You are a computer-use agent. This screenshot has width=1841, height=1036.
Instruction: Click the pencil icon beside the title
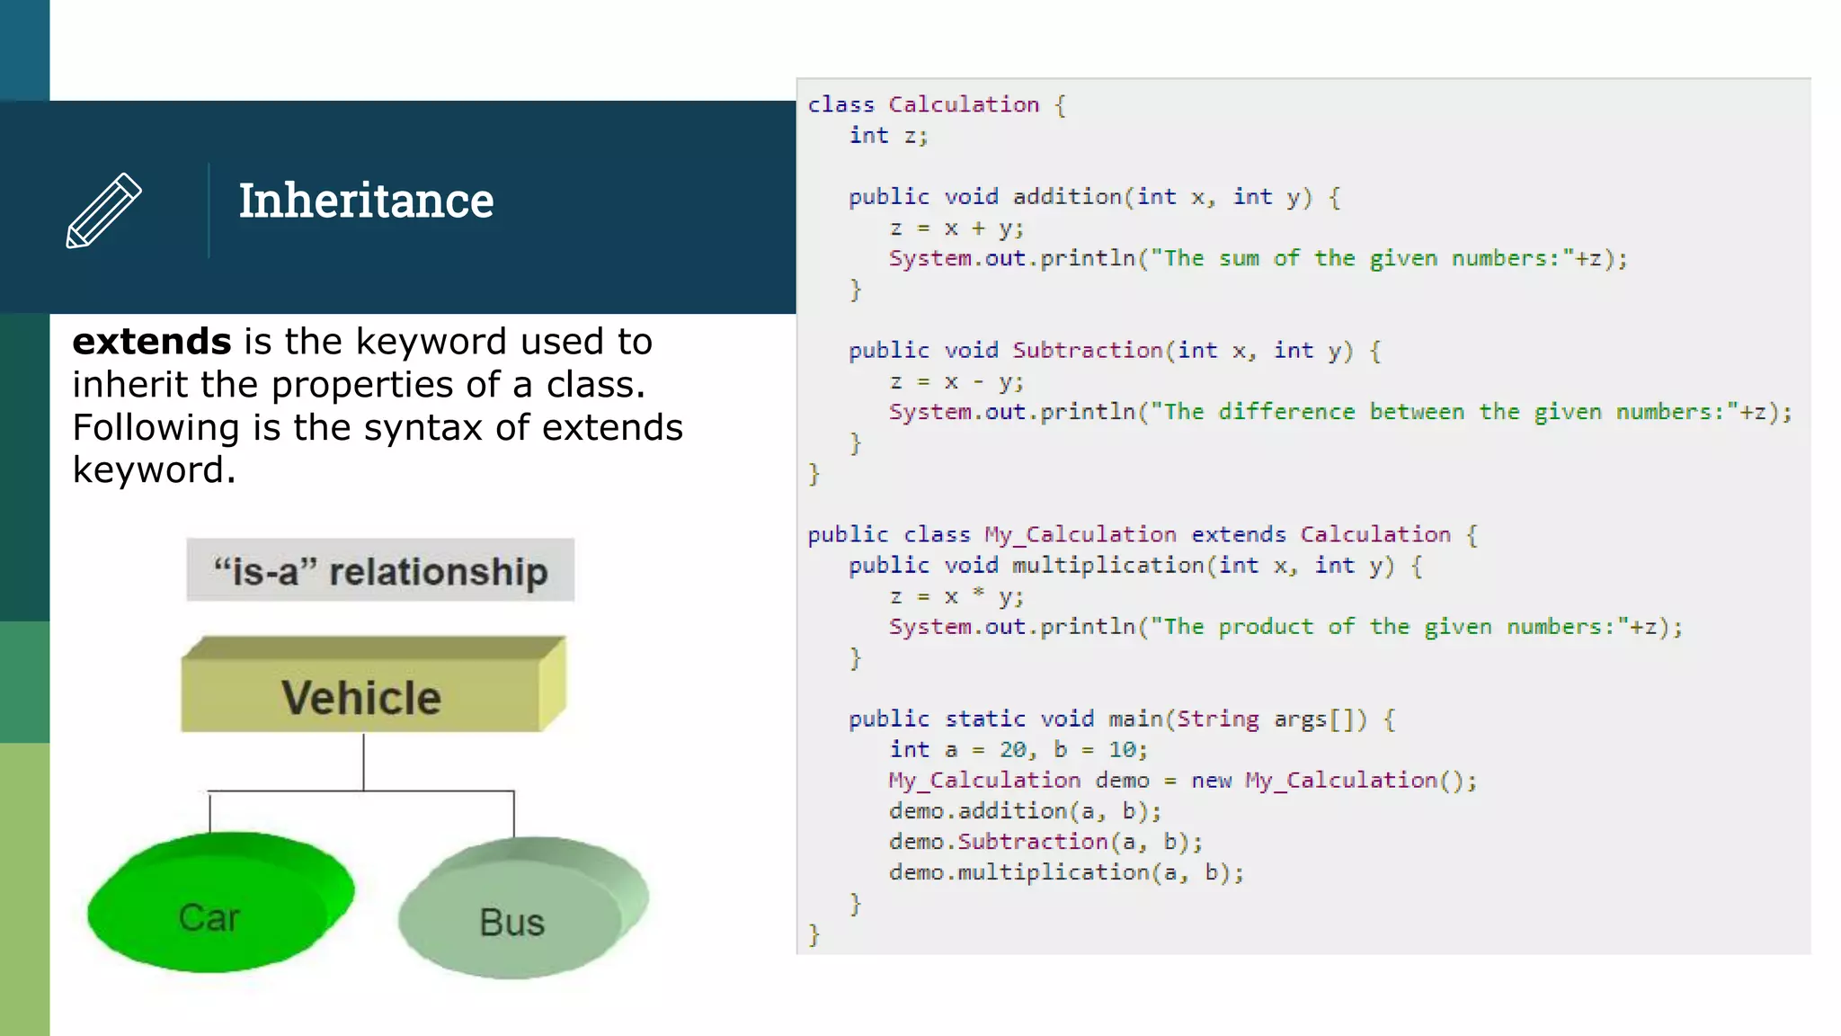[103, 210]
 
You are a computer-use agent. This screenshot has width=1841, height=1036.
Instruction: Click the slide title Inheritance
[366, 201]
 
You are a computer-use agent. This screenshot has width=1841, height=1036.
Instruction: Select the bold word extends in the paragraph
[152, 342]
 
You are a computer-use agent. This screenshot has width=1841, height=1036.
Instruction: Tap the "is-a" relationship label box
[380, 571]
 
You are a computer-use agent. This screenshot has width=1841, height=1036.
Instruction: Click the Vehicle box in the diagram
[361, 697]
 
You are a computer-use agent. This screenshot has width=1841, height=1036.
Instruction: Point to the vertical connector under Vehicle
[364, 762]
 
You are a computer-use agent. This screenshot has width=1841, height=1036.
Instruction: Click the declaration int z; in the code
[888, 136]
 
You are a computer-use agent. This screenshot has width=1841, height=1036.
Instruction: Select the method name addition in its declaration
[1067, 197]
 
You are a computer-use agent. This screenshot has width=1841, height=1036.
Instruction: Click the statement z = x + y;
[956, 228]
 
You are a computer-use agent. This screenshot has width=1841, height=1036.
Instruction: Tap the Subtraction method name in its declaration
[1088, 351]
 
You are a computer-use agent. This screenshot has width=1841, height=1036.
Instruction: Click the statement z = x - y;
[956, 382]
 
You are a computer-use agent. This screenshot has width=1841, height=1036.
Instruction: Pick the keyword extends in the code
[1239, 535]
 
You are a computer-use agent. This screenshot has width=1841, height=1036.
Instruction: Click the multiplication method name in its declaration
[1108, 566]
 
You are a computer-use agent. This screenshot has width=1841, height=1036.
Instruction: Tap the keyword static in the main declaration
[985, 719]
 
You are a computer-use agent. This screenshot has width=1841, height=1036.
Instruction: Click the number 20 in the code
[1013, 750]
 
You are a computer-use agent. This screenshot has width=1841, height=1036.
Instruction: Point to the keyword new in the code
[1211, 781]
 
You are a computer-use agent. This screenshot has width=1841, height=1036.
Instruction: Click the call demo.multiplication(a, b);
[1066, 873]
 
